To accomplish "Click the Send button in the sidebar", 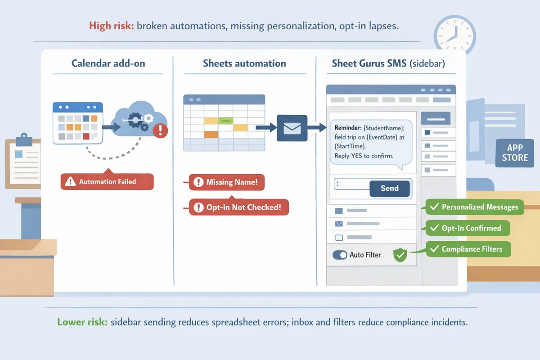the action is click(x=390, y=188).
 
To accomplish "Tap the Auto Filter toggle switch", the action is click(x=340, y=255).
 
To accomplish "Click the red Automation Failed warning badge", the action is click(x=107, y=181).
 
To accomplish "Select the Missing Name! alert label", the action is click(x=227, y=182).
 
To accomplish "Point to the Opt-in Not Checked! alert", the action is click(x=238, y=207).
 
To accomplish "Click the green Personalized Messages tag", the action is click(x=475, y=207).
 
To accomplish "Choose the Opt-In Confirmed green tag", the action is click(x=468, y=228).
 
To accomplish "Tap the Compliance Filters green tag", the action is click(x=468, y=249).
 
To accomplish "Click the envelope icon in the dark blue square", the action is click(x=292, y=128).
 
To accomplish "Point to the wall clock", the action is click(x=454, y=36).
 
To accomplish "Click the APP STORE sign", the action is click(x=515, y=153).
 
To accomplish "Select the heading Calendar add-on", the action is click(x=108, y=63).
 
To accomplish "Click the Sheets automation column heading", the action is click(x=244, y=63).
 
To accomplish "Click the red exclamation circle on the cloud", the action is click(x=160, y=130).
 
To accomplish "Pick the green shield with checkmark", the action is click(x=400, y=255).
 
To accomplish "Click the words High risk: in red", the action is click(x=112, y=26).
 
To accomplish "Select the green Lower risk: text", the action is click(x=82, y=322).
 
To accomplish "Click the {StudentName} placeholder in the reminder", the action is click(x=384, y=128).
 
